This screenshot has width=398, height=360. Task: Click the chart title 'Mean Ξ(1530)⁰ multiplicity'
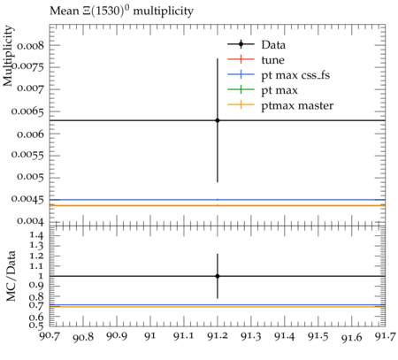121,11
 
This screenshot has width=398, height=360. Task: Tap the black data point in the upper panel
218,120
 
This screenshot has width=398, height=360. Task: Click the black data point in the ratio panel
218,276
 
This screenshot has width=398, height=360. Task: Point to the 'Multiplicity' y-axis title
8,56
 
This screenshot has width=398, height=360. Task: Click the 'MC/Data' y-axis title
11,276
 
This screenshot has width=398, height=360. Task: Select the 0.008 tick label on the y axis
30,46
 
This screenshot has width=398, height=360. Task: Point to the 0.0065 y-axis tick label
27,111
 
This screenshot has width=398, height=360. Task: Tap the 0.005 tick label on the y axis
30,177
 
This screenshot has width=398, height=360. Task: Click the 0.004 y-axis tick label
30,221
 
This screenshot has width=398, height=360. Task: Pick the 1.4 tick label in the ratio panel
36,235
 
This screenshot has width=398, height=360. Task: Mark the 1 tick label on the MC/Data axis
41,276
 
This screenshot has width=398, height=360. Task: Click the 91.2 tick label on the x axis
218,336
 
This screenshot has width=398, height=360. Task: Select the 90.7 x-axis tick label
50,335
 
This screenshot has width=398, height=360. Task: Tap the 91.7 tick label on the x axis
385,336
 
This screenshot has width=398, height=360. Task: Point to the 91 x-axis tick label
150,336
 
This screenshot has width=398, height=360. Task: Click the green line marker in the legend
241,90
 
